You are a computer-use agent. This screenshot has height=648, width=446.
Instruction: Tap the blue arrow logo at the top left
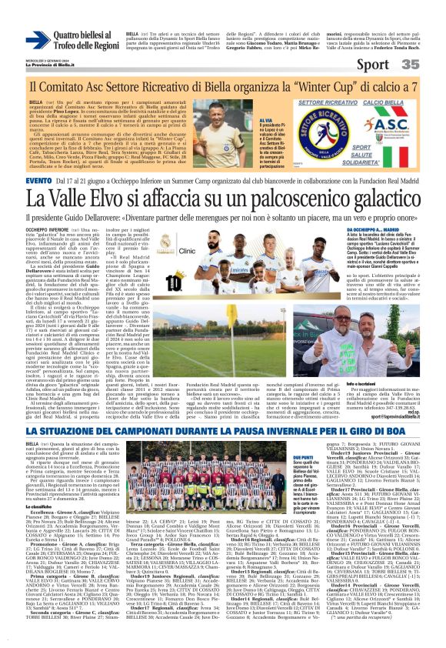click(x=37, y=40)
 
